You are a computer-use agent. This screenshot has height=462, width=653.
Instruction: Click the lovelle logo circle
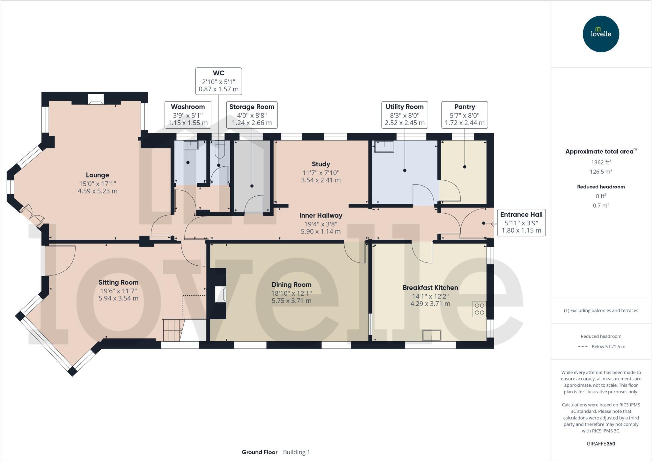pos(601,34)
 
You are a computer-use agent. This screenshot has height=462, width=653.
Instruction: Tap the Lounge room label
pos(97,175)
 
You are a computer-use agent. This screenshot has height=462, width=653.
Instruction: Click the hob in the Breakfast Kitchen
pos(480,309)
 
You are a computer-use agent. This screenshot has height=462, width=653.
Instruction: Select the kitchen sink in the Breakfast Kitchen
pos(432,336)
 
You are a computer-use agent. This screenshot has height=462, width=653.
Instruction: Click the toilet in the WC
pos(220,149)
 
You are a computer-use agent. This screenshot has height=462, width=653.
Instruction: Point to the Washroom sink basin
pos(190,145)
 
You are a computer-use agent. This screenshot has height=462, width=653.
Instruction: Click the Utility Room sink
pos(384,147)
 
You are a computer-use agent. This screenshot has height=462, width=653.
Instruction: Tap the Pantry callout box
pos(464,115)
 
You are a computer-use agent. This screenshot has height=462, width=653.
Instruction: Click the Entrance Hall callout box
pos(521,223)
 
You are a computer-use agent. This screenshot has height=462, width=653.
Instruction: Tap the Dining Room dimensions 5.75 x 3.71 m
pos(291,300)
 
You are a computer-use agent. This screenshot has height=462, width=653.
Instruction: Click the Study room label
pos(321,164)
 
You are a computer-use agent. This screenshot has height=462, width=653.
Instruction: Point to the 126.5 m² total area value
pos(601,171)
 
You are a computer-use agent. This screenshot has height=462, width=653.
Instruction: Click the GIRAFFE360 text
pos(601,443)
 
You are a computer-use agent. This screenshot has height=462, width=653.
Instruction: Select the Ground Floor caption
pos(259,452)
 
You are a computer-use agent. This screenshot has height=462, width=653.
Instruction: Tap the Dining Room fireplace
pos(220,294)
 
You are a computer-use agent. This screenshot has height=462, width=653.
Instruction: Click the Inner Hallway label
pos(320,216)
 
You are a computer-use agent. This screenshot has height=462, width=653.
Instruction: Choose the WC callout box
pos(218,81)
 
